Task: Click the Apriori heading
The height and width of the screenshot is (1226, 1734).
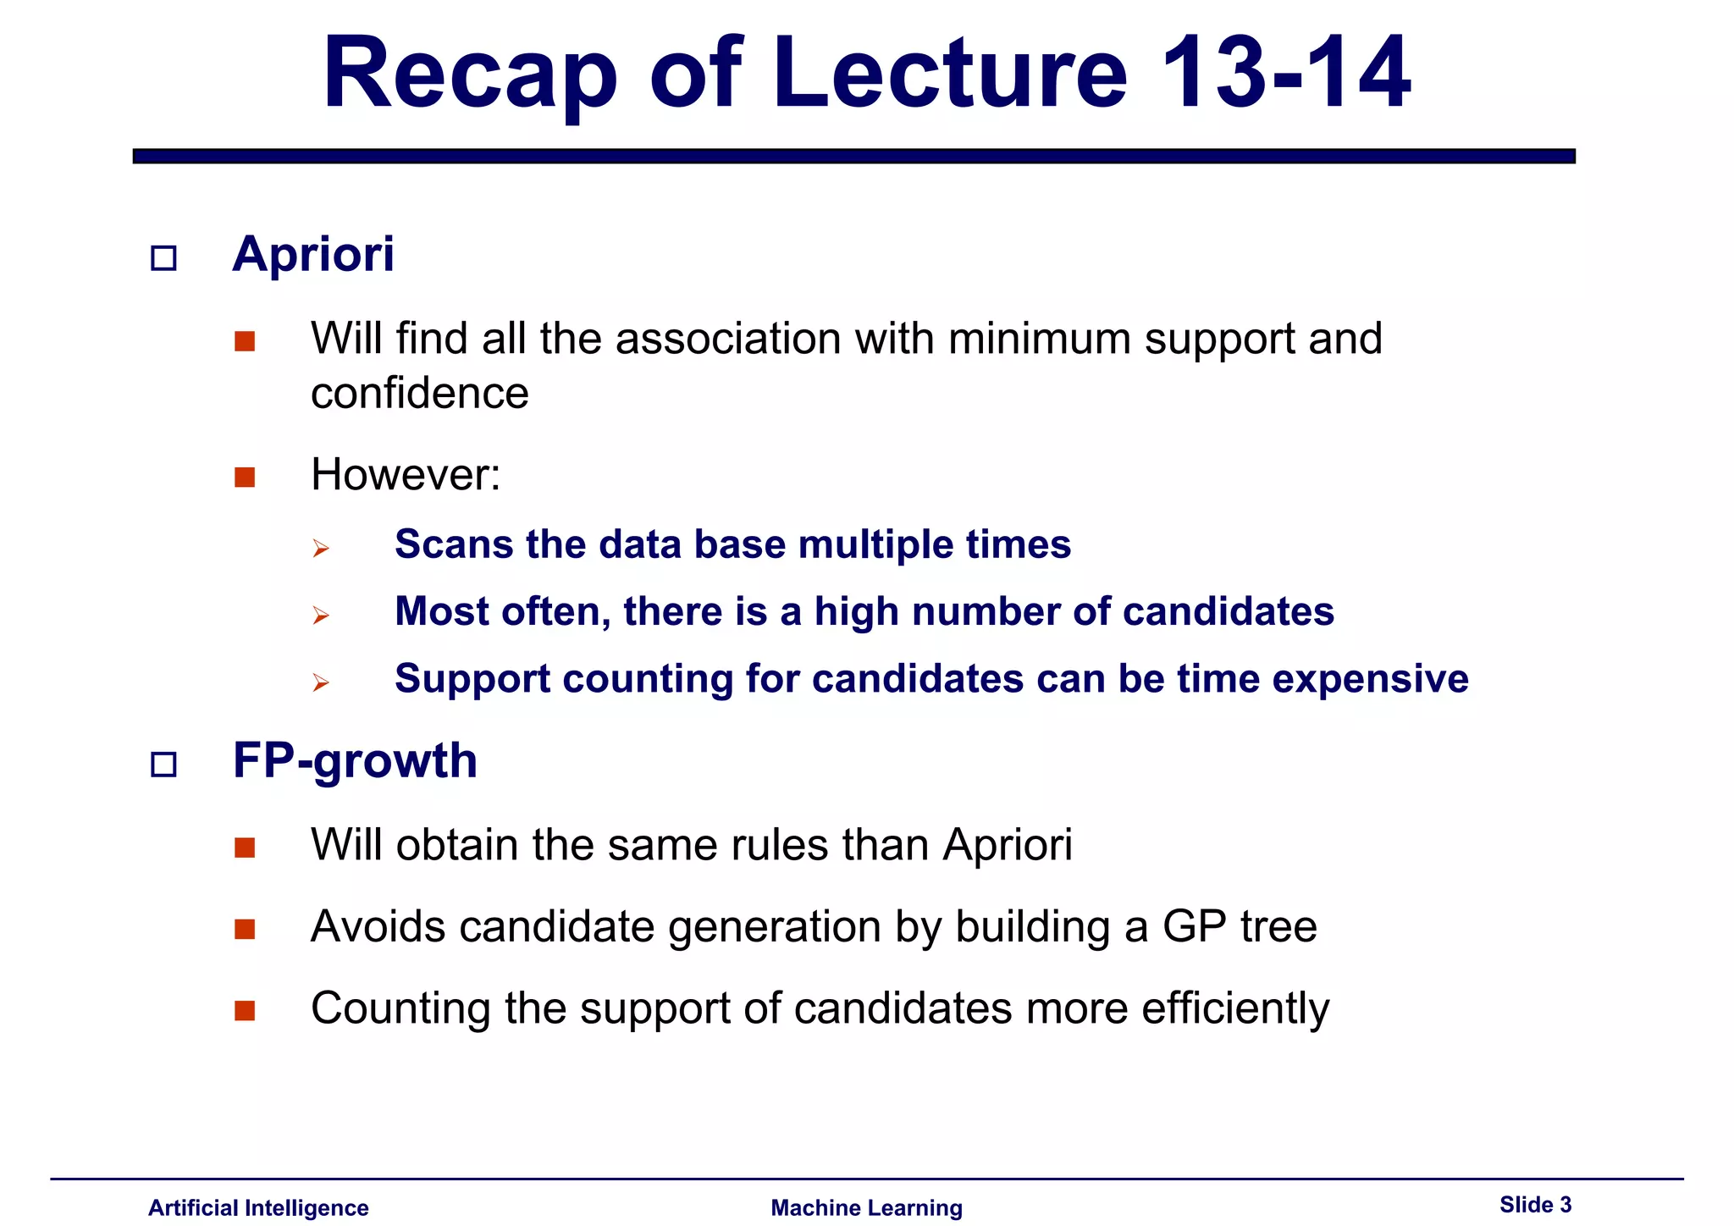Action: click(x=313, y=254)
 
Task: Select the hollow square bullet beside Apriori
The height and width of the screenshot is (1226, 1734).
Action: click(x=163, y=257)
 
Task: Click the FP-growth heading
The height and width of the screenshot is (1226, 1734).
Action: click(x=355, y=760)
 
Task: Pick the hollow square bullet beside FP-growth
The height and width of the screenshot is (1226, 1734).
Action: click(x=163, y=765)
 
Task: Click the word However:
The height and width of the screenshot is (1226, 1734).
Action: click(x=406, y=474)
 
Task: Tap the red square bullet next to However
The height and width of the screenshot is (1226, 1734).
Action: click(x=245, y=478)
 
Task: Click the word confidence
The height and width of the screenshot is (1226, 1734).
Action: click(x=420, y=393)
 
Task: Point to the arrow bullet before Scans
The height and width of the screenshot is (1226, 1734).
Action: click(x=320, y=549)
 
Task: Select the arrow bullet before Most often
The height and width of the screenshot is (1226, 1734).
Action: click(x=320, y=616)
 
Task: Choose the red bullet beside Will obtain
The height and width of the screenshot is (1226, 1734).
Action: click(x=245, y=848)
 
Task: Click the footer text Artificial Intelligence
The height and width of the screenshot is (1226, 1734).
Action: click(x=258, y=1207)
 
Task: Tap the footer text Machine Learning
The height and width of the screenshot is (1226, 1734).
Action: click(x=866, y=1207)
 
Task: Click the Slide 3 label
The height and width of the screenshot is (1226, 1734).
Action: click(x=1535, y=1204)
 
